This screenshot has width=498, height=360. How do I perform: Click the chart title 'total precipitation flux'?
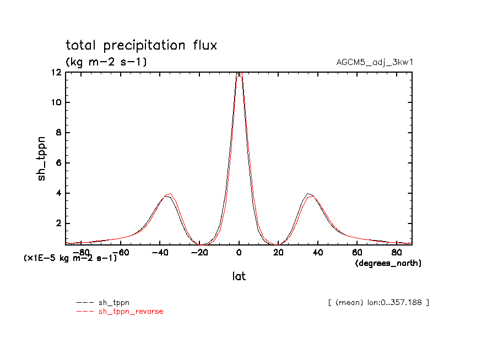pos(141,46)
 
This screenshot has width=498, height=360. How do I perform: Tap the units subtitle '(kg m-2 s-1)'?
pos(106,62)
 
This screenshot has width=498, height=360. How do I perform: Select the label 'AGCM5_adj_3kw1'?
pos(375,62)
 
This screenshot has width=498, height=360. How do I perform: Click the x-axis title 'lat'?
pos(239,277)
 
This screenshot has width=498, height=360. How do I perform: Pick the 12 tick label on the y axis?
pos(56,72)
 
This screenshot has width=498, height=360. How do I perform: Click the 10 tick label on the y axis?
pos(56,102)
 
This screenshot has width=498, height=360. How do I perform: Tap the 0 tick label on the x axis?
pos(239,253)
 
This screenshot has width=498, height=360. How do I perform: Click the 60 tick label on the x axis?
pos(356,253)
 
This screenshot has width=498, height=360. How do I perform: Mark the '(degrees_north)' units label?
pos(388,264)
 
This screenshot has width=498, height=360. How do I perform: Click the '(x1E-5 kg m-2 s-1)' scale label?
pos(70,258)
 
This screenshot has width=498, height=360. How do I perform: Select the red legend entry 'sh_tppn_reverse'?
pos(131,312)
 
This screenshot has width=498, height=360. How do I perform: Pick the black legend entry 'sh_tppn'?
pos(113,302)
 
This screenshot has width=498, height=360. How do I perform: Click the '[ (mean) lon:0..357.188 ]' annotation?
pos(378,302)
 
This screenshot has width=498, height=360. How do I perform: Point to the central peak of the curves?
pos(239,74)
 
